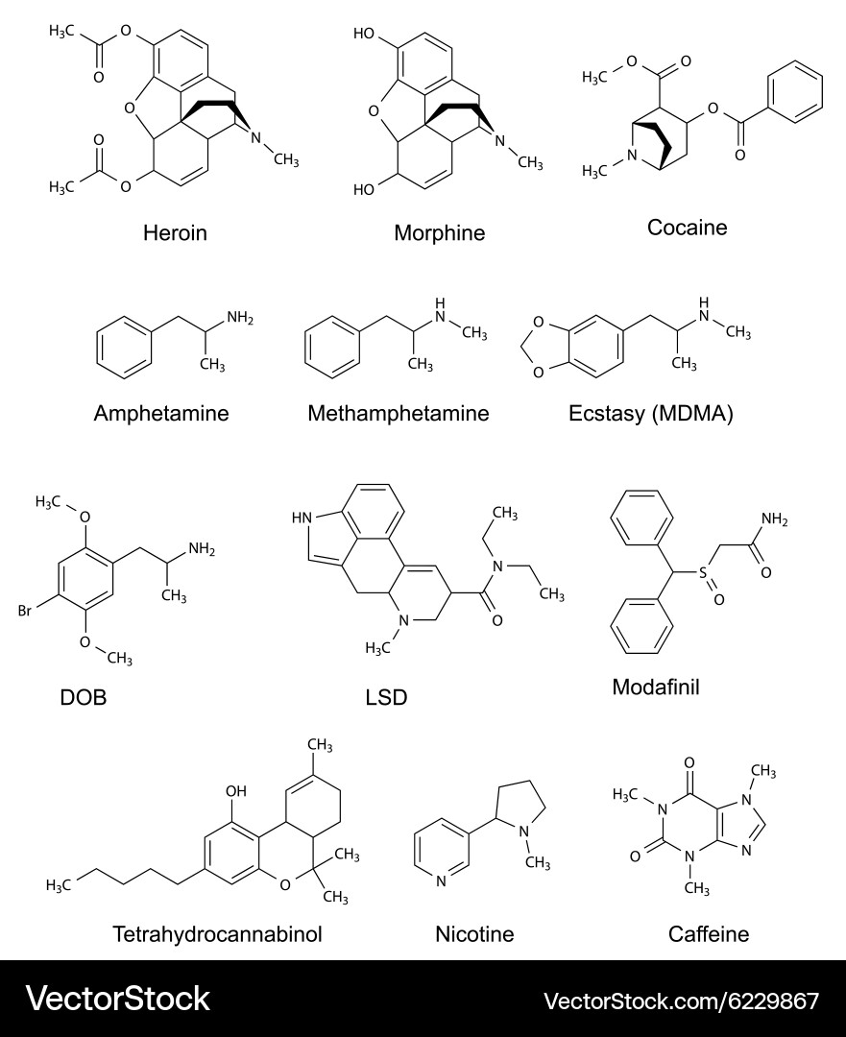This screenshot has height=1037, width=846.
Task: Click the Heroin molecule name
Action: click(176, 232)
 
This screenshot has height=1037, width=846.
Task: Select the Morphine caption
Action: click(439, 232)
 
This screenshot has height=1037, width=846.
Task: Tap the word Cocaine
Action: click(688, 228)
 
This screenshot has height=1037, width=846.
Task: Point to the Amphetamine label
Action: click(161, 413)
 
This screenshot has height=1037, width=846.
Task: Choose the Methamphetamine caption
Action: click(399, 413)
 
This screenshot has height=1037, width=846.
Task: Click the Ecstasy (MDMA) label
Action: click(651, 414)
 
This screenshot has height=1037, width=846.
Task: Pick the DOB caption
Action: click(84, 697)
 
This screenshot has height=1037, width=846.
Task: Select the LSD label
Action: click(386, 697)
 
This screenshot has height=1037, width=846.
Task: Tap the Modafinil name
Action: click(656, 687)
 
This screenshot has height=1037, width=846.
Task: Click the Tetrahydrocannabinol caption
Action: click(218, 934)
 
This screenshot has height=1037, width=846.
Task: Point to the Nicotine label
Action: click(474, 934)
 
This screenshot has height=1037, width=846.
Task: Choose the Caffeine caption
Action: click(709, 934)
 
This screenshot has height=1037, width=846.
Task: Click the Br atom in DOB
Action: click(24, 611)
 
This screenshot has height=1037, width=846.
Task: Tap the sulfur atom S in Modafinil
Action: click(703, 572)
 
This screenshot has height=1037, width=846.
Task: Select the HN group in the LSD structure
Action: click(302, 518)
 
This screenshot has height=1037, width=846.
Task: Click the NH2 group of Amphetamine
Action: click(240, 318)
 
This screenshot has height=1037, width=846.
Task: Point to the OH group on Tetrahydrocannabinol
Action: click(236, 791)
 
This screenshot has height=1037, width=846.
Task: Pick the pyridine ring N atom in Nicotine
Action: click(441, 880)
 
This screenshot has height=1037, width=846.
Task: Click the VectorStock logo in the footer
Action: click(118, 999)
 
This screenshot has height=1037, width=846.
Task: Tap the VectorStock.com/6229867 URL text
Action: click(681, 1001)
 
